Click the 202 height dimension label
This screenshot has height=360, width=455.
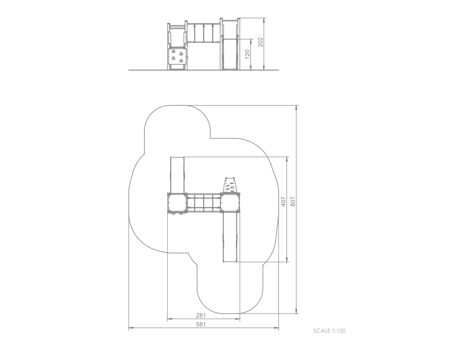pyautogui.click(x=260, y=42)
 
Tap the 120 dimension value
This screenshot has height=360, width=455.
pyautogui.click(x=247, y=54)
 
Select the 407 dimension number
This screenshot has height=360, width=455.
pyautogui.click(x=283, y=202)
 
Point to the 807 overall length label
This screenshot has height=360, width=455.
pyautogui.click(x=293, y=202)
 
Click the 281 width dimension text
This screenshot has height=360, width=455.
pyautogui.click(x=201, y=315)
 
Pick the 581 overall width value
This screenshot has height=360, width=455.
pyautogui.click(x=201, y=325)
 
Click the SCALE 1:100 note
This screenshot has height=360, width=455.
pyautogui.click(x=329, y=331)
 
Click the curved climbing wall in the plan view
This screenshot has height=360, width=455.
pyautogui.click(x=230, y=185)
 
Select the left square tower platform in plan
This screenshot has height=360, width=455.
pyautogui.click(x=177, y=203)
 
